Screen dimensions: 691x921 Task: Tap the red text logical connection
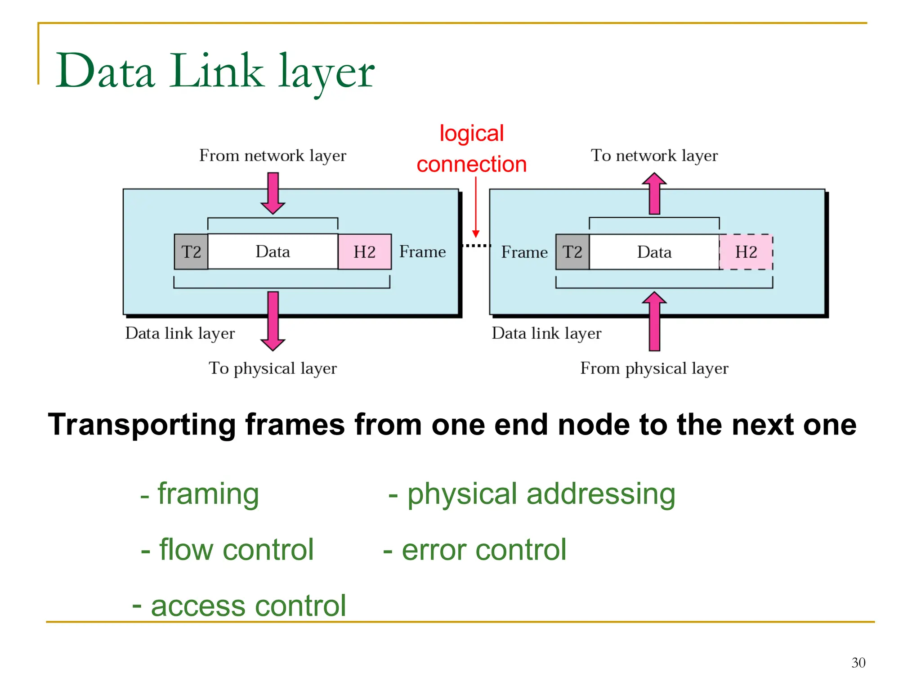coord(471,149)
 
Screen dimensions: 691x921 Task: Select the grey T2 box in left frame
coord(191,251)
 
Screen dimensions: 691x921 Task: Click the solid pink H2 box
coord(364,251)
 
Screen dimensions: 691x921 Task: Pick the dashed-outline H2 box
coord(746,252)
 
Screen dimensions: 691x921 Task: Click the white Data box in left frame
coord(273,251)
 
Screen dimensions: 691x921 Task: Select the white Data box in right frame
coord(654,252)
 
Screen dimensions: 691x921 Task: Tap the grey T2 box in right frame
coord(572,252)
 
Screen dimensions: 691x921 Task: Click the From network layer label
coord(273,156)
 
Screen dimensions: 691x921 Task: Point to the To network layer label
coord(654,156)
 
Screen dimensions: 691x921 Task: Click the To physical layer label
coord(273,368)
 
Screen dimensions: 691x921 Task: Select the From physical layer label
coord(654,368)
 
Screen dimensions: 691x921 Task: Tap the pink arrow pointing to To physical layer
coord(273,321)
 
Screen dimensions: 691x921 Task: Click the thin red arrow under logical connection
coord(475,207)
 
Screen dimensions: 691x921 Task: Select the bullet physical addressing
coord(532,494)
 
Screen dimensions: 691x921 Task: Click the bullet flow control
coord(227,550)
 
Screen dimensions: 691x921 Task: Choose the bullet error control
coord(474,550)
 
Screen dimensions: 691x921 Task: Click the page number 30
coord(858,663)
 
